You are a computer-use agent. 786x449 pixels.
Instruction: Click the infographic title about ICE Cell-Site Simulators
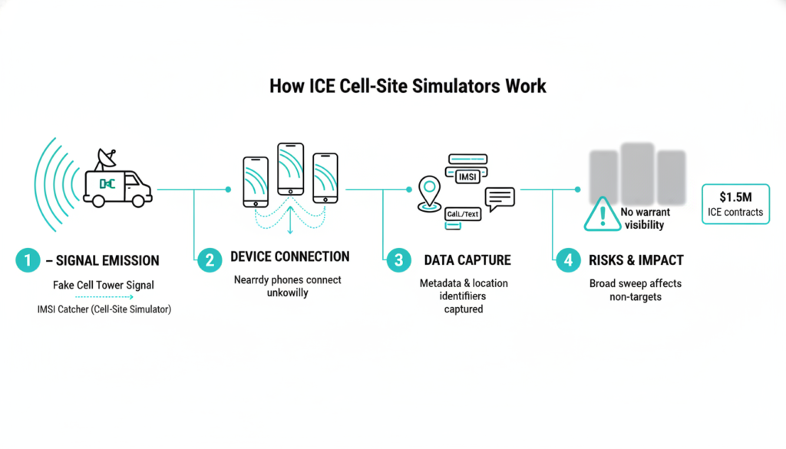tap(408, 85)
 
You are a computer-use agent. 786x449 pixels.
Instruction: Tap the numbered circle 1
tap(27, 260)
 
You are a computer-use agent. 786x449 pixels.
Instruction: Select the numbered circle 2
tap(209, 260)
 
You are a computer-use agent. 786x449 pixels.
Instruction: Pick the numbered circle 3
tap(398, 260)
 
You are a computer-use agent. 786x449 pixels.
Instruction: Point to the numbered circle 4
tap(567, 260)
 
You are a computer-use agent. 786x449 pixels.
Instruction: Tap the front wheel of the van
tap(137, 201)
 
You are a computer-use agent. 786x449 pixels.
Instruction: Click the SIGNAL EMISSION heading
tap(103, 261)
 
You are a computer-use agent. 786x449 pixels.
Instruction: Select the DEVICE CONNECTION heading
tap(289, 257)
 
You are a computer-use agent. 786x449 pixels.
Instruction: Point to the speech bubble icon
tap(499, 198)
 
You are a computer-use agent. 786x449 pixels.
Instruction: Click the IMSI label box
tap(467, 177)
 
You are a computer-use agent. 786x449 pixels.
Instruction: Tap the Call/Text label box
tap(464, 214)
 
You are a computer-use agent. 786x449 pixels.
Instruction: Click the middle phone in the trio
tap(291, 169)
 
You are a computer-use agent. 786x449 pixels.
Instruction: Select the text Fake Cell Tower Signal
tap(104, 285)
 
